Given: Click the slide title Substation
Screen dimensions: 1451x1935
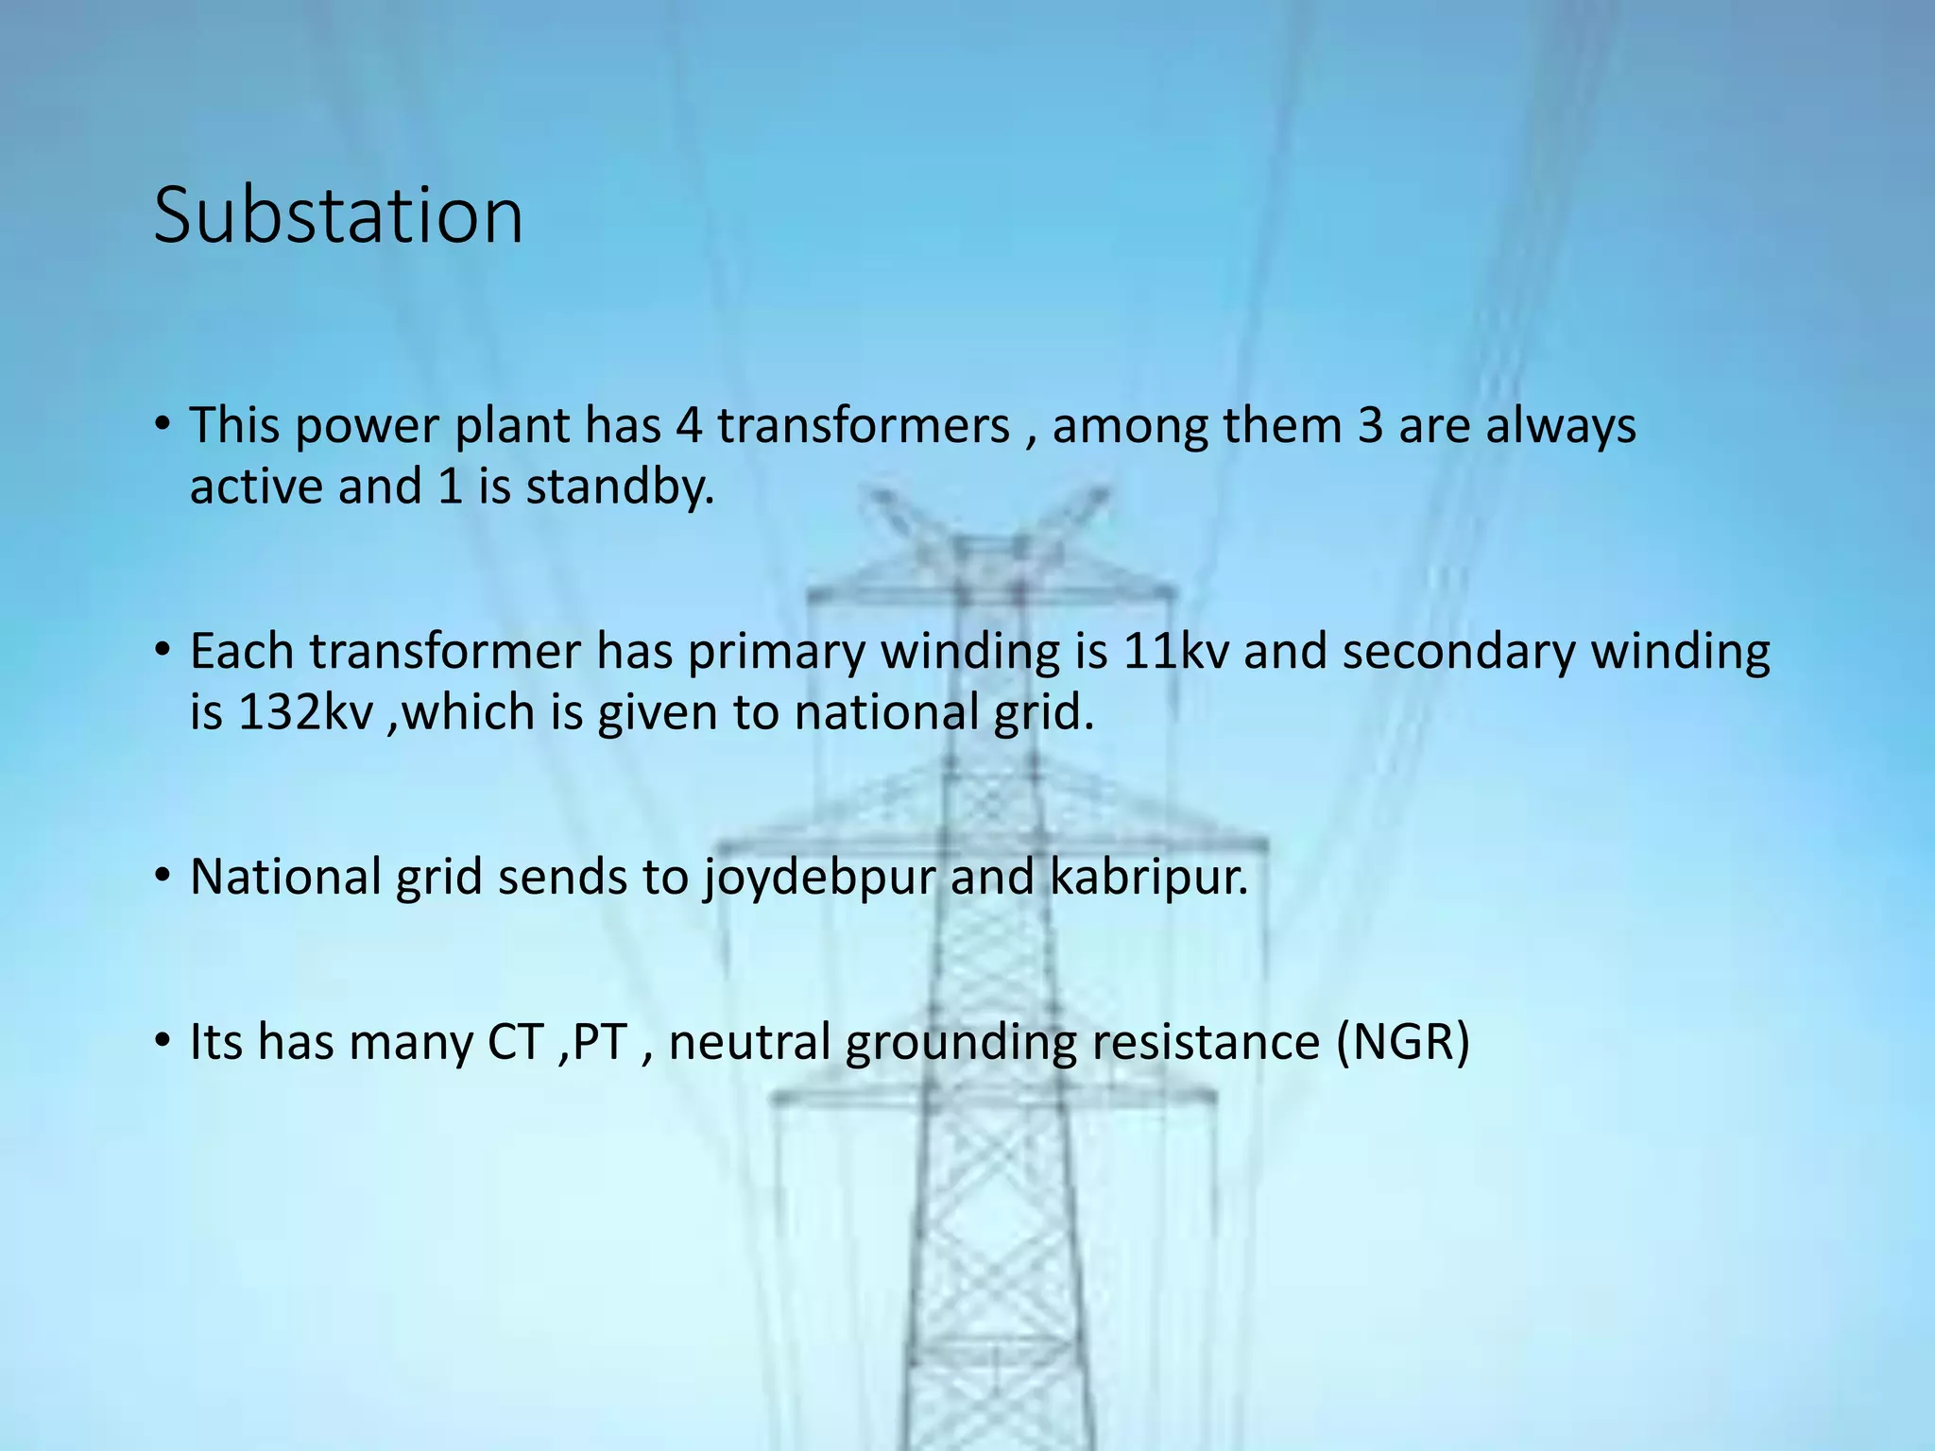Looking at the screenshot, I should [338, 215].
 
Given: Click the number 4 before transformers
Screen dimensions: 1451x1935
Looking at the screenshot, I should [689, 426].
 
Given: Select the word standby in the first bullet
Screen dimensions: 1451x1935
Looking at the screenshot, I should [619, 487].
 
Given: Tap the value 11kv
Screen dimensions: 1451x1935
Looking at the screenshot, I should [1175, 652].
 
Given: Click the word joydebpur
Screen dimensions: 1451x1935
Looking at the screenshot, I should [817, 878].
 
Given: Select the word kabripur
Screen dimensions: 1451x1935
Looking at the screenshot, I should [1149, 878].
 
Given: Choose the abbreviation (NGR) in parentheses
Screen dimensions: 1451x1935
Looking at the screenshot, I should [1403, 1042].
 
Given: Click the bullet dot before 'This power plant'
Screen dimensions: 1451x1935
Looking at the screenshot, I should [163, 423].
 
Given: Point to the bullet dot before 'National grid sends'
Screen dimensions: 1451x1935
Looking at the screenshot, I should [163, 875].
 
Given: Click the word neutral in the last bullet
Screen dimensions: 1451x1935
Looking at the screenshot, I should [749, 1042].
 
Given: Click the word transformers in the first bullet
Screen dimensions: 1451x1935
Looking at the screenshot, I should [864, 426].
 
